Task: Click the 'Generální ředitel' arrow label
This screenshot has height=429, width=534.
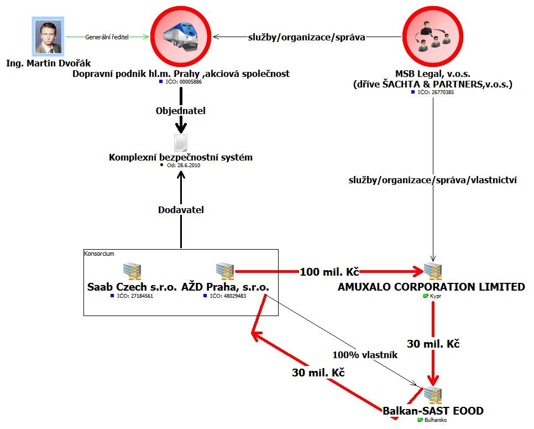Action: pyautogui.click(x=108, y=37)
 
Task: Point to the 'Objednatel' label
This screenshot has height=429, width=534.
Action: pyautogui.click(x=181, y=111)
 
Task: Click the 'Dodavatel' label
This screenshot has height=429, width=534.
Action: pyautogui.click(x=181, y=210)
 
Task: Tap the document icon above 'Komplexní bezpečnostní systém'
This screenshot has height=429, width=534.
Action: pyautogui.click(x=181, y=143)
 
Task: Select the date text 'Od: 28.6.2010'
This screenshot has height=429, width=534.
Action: pyautogui.click(x=183, y=165)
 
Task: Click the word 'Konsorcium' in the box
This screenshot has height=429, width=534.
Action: pyautogui.click(x=99, y=253)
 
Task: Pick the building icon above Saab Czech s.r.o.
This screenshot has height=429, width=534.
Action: pyautogui.click(x=132, y=271)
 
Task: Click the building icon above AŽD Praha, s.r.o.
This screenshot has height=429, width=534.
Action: pyautogui.click(x=225, y=271)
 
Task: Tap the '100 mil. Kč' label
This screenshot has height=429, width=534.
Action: pyautogui.click(x=329, y=272)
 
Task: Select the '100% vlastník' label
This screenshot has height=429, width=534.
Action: pyautogui.click(x=365, y=355)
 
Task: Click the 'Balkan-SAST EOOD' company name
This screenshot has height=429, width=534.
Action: pyautogui.click(x=433, y=411)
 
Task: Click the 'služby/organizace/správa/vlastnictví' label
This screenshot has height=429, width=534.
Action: pyautogui.click(x=433, y=180)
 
